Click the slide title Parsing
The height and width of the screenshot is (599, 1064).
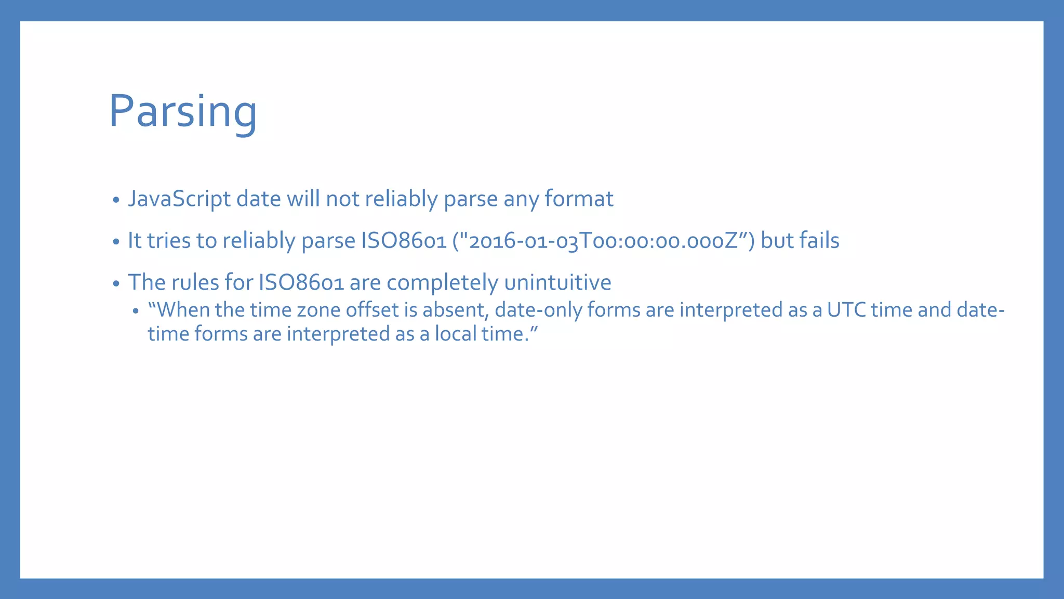pyautogui.click(x=183, y=111)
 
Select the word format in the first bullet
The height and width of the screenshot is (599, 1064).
pyautogui.click(x=578, y=199)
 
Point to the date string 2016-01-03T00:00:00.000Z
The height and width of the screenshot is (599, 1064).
pyautogui.click(x=603, y=241)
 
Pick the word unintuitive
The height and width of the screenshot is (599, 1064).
pyautogui.click(x=557, y=282)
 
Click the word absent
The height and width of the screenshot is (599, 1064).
pyautogui.click(x=455, y=310)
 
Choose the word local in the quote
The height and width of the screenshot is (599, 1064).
pyautogui.click(x=455, y=334)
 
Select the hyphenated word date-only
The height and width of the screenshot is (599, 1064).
pyautogui.click(x=538, y=310)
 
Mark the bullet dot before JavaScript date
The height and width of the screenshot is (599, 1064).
pyautogui.click(x=116, y=200)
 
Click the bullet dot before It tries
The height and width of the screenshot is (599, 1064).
pyautogui.click(x=116, y=242)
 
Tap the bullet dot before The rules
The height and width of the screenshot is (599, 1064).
pyautogui.click(x=116, y=283)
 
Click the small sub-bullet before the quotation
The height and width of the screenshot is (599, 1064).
pyautogui.click(x=136, y=311)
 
